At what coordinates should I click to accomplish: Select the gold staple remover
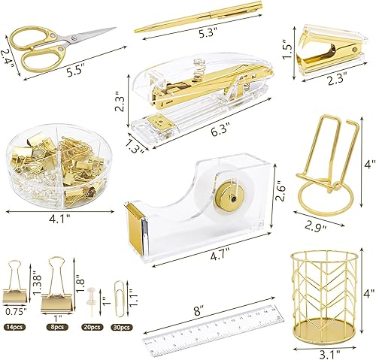click(x=322, y=51)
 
